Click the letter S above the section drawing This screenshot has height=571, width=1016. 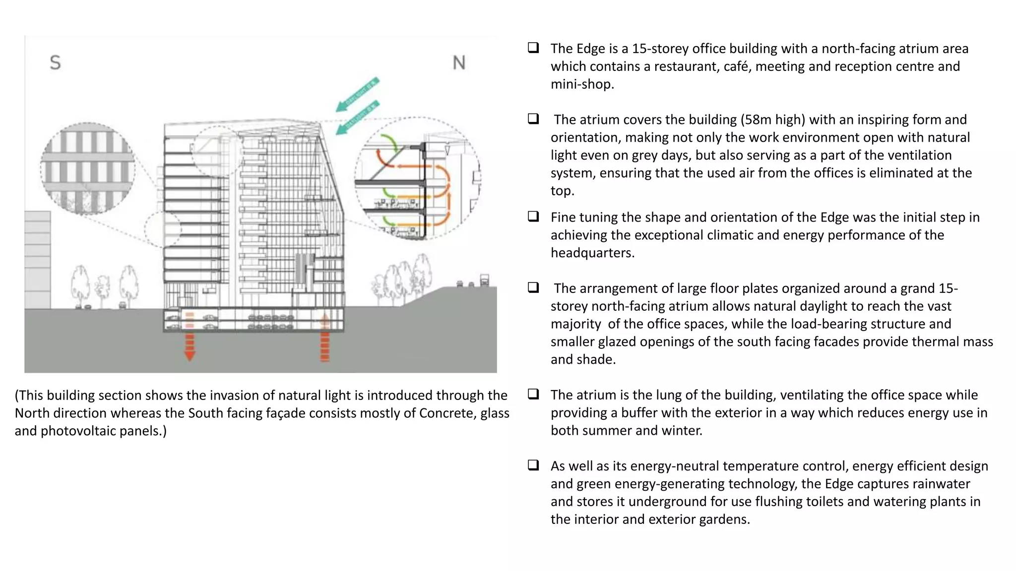tap(55, 63)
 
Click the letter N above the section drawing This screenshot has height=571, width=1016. tap(459, 63)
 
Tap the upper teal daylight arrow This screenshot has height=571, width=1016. tap(357, 94)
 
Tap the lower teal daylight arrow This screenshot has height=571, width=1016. tap(357, 117)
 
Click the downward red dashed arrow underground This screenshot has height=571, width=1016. tap(190, 347)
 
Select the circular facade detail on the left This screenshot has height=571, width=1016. tap(88, 169)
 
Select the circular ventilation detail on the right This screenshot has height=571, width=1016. tap(418, 178)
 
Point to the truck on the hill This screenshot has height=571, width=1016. tap(485, 280)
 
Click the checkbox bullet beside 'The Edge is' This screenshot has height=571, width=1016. tap(533, 48)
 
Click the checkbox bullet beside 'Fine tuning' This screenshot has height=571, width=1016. tap(533, 217)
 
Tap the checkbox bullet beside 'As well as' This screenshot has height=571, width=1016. tap(533, 465)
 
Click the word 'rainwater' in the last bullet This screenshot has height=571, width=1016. tap(943, 484)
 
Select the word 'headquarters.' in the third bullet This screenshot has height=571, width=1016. tap(592, 253)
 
